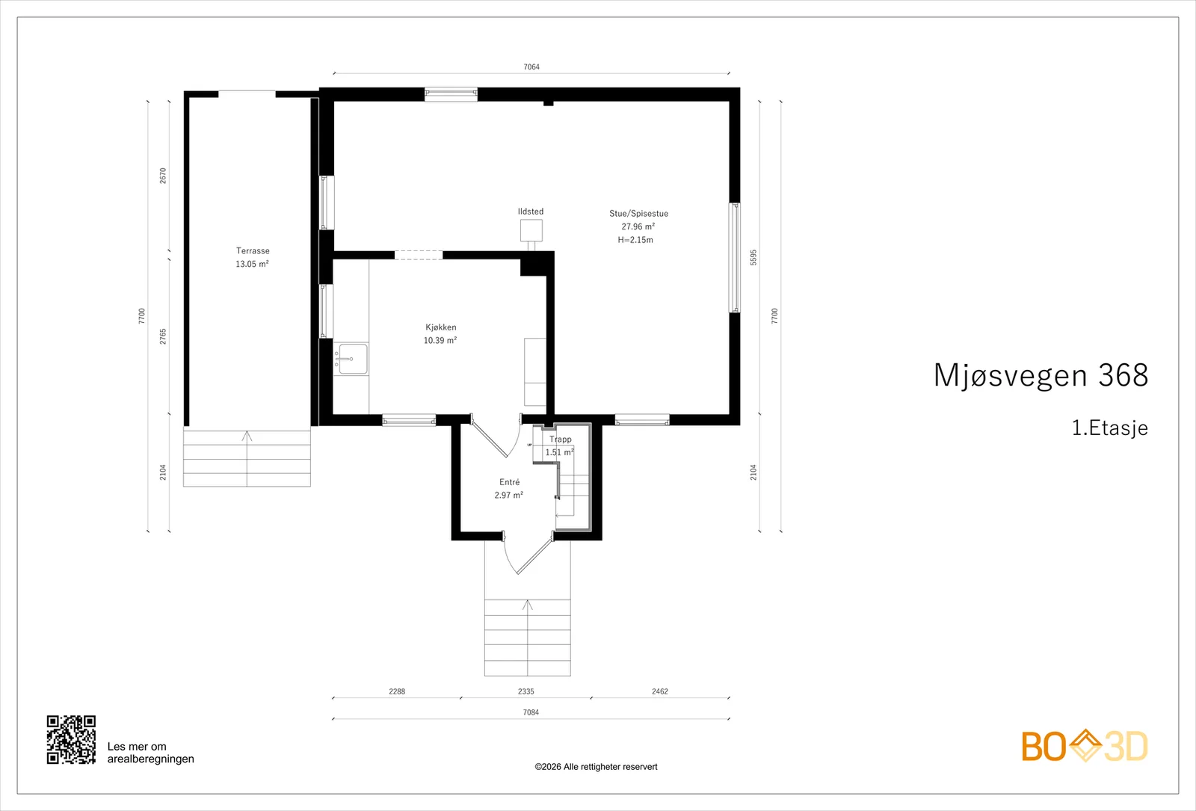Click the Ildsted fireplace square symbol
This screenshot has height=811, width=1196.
531,230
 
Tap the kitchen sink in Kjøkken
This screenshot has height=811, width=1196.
353,359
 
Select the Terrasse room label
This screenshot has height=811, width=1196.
253,250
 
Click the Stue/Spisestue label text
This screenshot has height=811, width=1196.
638,214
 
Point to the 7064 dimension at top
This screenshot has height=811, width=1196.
531,67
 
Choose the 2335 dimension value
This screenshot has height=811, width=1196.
526,691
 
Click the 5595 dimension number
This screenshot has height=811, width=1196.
753,257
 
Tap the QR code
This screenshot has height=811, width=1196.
71,739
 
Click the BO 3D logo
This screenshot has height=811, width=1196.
1085,745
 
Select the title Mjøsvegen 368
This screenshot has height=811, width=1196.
1041,374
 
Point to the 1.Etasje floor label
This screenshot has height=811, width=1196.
1110,428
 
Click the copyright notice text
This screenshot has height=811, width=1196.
596,767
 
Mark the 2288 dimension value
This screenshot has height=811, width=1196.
397,691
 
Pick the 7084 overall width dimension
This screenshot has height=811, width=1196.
531,712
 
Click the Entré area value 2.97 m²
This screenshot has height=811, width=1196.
509,495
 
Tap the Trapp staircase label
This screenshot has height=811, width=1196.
560,439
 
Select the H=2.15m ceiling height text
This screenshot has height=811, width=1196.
635,240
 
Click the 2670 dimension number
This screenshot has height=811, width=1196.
163,176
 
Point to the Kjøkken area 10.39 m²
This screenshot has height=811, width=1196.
440,340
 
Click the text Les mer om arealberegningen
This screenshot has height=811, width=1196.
150,753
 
